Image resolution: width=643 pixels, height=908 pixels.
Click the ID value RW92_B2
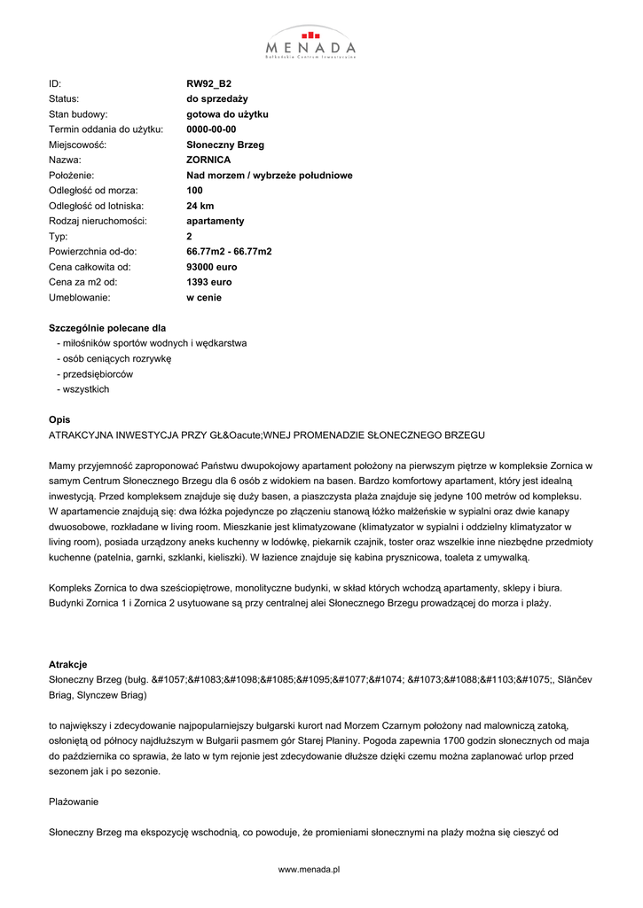[208, 84]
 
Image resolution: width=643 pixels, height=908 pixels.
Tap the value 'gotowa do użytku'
[227, 114]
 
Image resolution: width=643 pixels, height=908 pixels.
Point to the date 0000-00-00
[211, 129]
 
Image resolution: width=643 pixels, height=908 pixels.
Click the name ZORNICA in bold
[208, 160]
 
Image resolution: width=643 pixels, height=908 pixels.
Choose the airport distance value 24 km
[200, 206]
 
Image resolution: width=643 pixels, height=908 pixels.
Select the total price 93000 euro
[212, 267]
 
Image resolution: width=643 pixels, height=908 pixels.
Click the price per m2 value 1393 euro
[208, 282]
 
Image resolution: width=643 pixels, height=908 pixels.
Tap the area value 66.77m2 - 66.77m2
[229, 252]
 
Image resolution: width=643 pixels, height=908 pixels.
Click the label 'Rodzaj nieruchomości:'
[98, 221]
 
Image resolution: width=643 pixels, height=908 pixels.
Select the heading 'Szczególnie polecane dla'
[107, 328]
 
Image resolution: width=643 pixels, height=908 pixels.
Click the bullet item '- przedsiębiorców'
[94, 374]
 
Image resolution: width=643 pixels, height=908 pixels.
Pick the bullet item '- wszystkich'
[82, 389]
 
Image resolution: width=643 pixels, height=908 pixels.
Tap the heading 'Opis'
[59, 419]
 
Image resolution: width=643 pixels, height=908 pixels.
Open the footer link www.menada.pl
[310, 870]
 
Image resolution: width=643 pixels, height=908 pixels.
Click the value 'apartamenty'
[215, 221]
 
